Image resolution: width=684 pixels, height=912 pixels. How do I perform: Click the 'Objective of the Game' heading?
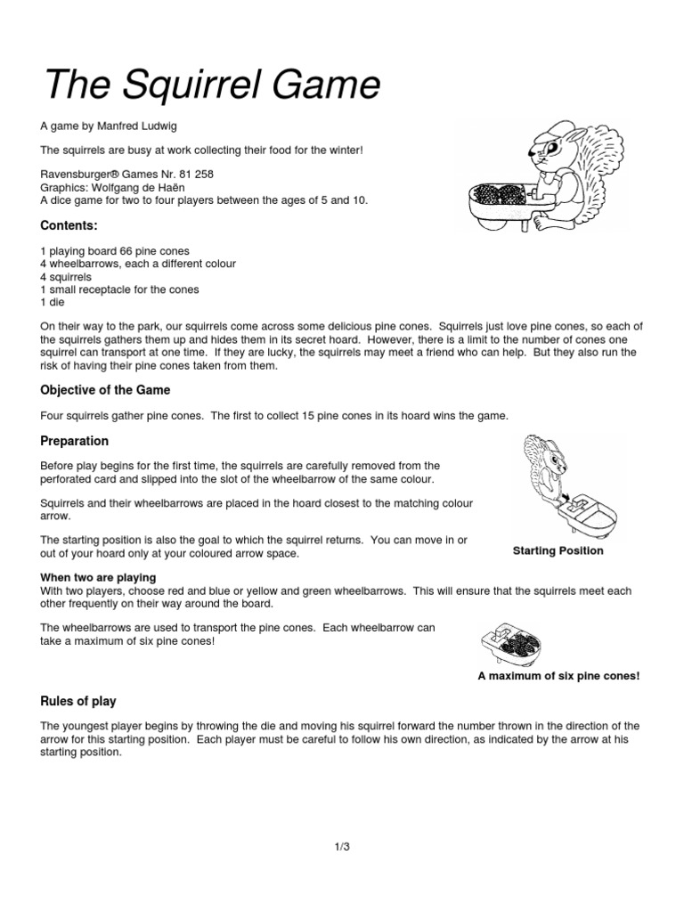(x=105, y=390)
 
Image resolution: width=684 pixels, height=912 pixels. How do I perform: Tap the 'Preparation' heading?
(x=75, y=441)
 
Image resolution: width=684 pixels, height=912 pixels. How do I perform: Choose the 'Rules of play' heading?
(x=78, y=701)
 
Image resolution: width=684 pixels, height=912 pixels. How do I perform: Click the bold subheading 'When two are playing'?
(x=98, y=578)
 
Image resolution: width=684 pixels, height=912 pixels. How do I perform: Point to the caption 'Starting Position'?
(x=558, y=551)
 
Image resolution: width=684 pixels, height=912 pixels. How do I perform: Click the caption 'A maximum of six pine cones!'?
(x=558, y=676)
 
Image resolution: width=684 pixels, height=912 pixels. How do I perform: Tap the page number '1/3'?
(x=342, y=846)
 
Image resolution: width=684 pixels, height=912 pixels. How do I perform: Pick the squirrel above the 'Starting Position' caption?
(x=549, y=463)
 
